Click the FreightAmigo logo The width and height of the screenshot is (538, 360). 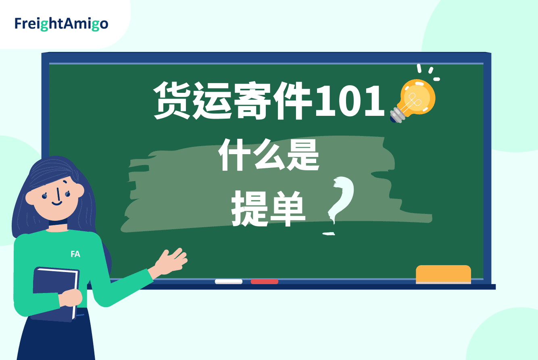[x=61, y=24]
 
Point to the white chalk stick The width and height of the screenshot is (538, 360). [x=228, y=281]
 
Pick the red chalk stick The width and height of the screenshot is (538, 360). [x=265, y=281]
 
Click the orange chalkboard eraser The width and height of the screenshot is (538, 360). [x=443, y=274]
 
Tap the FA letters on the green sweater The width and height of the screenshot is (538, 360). [x=75, y=254]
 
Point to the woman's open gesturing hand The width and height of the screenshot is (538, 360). [x=171, y=261]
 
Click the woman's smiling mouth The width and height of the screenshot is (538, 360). [x=57, y=203]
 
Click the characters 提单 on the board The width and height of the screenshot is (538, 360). [x=268, y=208]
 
